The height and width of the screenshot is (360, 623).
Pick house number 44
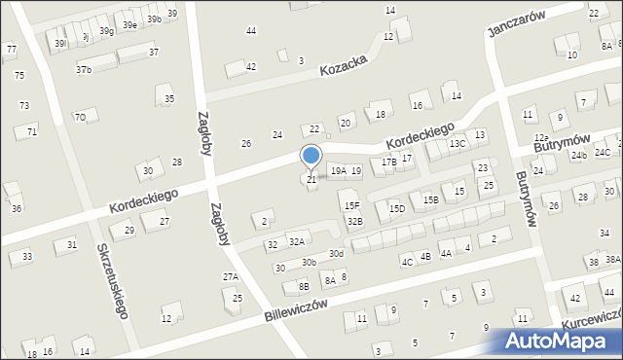click(251, 31)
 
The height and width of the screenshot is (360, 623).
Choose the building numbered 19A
click(338, 171)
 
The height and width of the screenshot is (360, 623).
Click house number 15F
click(351, 205)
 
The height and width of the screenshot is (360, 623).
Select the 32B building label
click(355, 222)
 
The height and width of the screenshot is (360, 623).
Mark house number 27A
click(231, 277)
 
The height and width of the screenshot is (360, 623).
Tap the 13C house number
click(458, 144)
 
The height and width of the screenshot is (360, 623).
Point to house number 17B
click(388, 162)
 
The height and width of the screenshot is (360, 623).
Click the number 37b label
click(84, 70)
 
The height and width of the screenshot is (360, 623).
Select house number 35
click(169, 99)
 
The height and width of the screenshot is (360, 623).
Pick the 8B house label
click(304, 286)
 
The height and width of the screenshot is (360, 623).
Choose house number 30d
click(336, 254)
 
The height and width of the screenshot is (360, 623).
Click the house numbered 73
click(24, 105)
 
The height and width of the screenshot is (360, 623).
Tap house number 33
click(27, 256)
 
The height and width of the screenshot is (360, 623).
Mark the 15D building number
click(397, 208)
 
